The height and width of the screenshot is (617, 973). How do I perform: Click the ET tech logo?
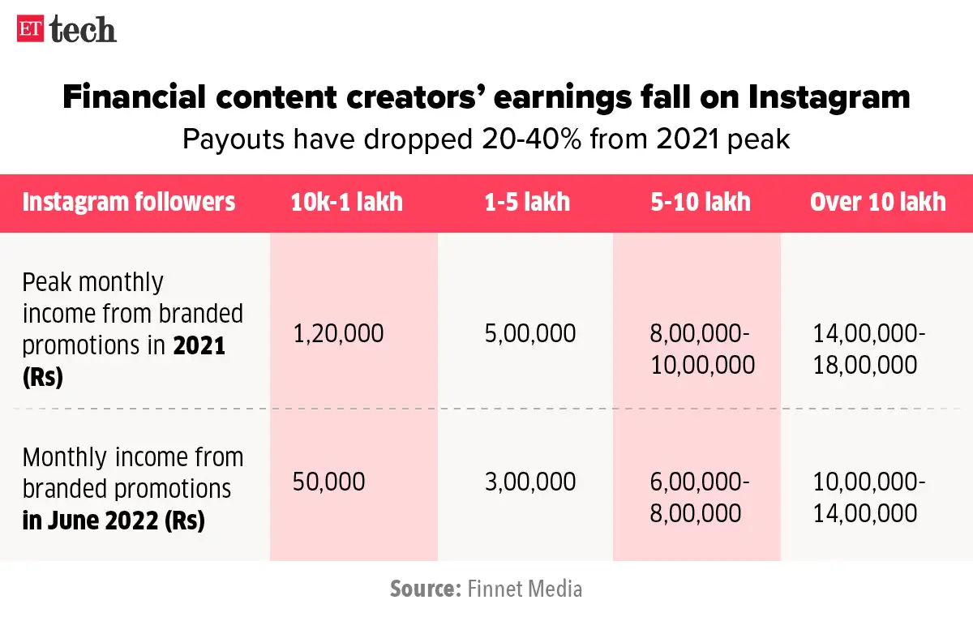pyautogui.click(x=66, y=30)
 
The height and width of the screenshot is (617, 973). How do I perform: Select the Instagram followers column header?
pyautogui.click(x=129, y=201)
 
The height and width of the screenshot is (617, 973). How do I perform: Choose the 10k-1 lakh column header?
pyautogui.click(x=346, y=201)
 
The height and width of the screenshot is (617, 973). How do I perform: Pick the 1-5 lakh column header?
pyautogui.click(x=527, y=201)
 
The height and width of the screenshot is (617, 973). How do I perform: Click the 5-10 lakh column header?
pyautogui.click(x=701, y=201)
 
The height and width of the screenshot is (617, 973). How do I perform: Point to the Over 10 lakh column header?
pyautogui.click(x=877, y=201)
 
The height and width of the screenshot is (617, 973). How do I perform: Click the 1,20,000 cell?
pyautogui.click(x=339, y=333)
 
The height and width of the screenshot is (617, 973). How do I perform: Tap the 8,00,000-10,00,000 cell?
pyautogui.click(x=702, y=349)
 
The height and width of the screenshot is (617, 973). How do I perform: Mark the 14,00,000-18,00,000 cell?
pyautogui.click(x=869, y=349)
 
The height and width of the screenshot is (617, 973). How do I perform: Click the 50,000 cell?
pyautogui.click(x=328, y=482)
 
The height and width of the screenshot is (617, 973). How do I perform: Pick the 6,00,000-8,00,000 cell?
pyautogui.click(x=700, y=497)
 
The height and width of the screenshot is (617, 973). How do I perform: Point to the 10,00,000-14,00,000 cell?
pyautogui.click(x=869, y=497)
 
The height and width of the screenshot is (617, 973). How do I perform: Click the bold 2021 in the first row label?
pyautogui.click(x=199, y=346)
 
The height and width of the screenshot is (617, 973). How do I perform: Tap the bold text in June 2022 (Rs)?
pyautogui.click(x=114, y=521)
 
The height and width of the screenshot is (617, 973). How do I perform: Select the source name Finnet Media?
pyautogui.click(x=525, y=588)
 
